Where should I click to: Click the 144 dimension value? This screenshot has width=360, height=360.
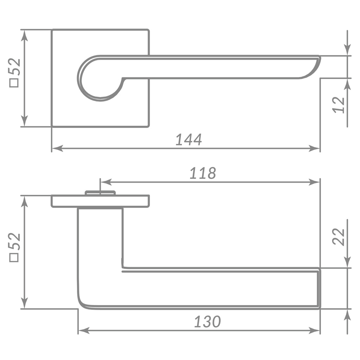click(189, 140)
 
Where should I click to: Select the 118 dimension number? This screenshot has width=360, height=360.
click(203, 173)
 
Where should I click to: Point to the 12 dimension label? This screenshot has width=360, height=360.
click(339, 105)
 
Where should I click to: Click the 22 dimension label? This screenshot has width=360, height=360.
click(339, 237)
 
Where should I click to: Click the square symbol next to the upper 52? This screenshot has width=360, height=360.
click(14, 83)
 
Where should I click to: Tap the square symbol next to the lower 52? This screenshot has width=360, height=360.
click(14, 258)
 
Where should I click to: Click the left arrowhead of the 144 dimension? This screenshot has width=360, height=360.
click(57, 148)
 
